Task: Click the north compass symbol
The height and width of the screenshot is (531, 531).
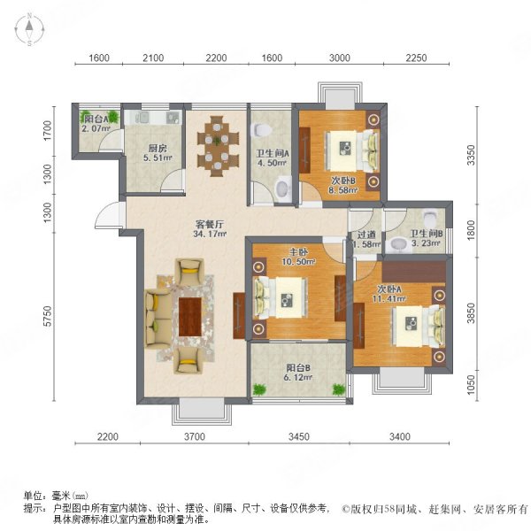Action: point(29,29)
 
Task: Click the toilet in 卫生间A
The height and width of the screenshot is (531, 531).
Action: point(282,186)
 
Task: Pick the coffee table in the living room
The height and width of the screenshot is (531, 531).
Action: point(190,315)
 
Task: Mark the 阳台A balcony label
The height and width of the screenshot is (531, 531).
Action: point(96,119)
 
